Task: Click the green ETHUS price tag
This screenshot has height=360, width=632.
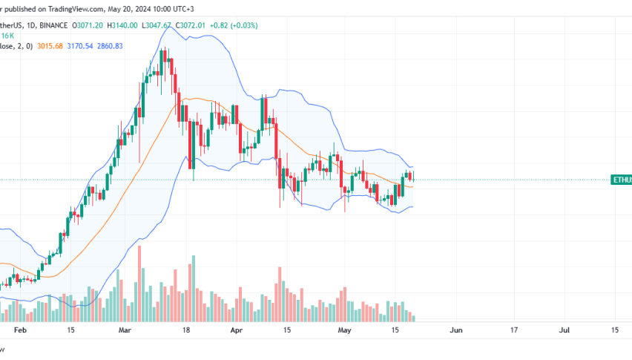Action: click(621, 180)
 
